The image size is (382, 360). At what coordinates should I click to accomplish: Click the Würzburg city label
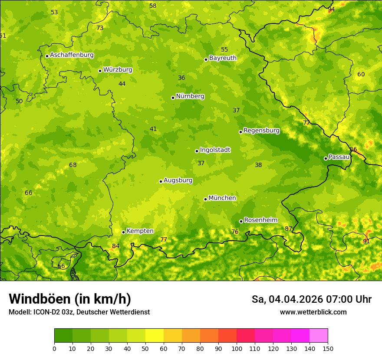pyautogui.click(x=118, y=70)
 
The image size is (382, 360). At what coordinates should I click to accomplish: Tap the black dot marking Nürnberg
pyautogui.click(x=173, y=98)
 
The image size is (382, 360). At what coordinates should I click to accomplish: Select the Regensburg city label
pyautogui.click(x=261, y=131)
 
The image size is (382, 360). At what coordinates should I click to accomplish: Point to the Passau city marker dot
pyautogui.click(x=326, y=158)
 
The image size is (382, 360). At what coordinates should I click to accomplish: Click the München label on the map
pyautogui.click(x=222, y=198)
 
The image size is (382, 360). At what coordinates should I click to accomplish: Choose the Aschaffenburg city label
pyautogui.click(x=72, y=55)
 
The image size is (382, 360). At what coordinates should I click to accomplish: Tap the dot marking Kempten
pyautogui.click(x=123, y=232)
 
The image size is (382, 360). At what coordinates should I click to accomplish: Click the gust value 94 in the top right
pyautogui.click(x=331, y=9)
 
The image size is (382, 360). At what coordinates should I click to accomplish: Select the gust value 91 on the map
pyautogui.click(x=366, y=241)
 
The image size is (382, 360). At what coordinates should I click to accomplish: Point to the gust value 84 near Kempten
pyautogui.click(x=115, y=246)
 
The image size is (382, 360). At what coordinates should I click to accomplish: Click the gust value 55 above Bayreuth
pyautogui.click(x=224, y=49)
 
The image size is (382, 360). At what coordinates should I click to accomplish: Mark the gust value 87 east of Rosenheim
pyautogui.click(x=288, y=229)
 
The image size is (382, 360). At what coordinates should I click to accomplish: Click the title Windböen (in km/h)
pyautogui.click(x=70, y=299)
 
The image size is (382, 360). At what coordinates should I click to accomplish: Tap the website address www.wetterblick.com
pyautogui.click(x=313, y=312)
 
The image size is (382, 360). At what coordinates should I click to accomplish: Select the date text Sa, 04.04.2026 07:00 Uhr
pyautogui.click(x=311, y=299)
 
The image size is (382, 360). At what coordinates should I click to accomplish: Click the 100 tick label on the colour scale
pyautogui.click(x=237, y=348)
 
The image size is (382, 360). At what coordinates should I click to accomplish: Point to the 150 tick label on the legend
pyautogui.click(x=328, y=348)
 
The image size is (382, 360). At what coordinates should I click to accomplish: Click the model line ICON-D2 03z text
pyautogui.click(x=79, y=312)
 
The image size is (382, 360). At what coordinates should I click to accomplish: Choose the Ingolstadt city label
pyautogui.click(x=215, y=150)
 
